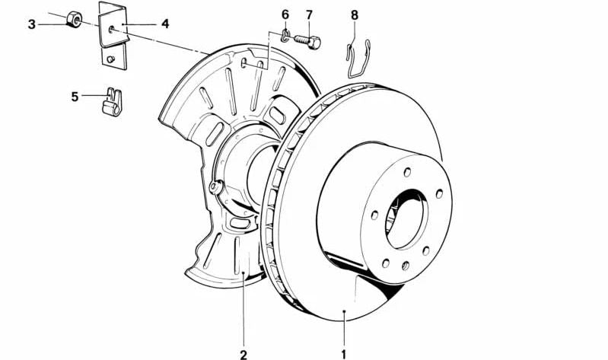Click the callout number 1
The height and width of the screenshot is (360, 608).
[344, 353]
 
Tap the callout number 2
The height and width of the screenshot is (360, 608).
[244, 353]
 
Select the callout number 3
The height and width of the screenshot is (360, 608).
[32, 24]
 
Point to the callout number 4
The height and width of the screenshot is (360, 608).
[164, 24]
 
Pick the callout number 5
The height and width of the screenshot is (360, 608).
[75, 96]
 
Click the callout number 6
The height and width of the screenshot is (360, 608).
[285, 14]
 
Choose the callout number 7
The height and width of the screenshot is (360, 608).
[309, 14]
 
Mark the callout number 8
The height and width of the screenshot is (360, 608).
[355, 14]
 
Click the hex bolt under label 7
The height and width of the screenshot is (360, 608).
[307, 38]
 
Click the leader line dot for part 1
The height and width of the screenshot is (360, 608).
[344, 311]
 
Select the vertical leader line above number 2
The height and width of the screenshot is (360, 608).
[244, 312]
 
